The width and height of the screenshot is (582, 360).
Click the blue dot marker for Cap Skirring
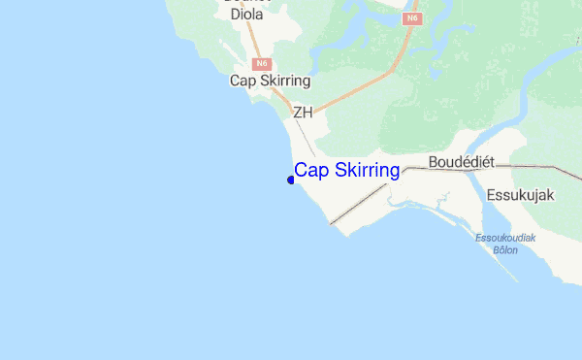tap(291, 180)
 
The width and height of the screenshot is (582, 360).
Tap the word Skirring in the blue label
tap(365, 171)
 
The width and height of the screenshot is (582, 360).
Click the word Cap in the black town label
tap(242, 81)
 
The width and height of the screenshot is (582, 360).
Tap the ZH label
tap(303, 112)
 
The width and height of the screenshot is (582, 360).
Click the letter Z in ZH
tap(298, 112)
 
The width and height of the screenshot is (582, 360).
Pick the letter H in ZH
tap(307, 112)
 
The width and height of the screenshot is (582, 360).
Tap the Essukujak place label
tap(520, 194)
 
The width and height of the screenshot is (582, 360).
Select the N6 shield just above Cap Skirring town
tap(260, 63)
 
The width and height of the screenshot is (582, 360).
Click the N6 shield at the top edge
tap(413, 17)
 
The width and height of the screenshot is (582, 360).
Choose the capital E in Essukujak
tap(491, 194)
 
